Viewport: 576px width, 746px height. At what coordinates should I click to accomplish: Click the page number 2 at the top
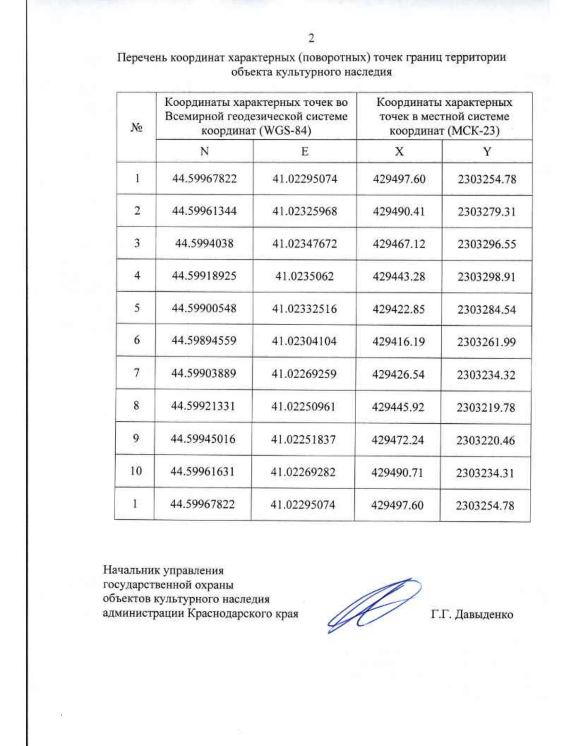(311, 38)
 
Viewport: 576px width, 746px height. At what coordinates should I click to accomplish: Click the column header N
(204, 151)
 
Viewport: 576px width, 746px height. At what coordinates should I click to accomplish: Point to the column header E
(304, 151)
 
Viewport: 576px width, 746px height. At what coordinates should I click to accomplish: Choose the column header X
(399, 151)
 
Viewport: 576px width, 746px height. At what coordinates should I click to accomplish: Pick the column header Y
(487, 152)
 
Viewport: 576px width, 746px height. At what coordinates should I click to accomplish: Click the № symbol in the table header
(136, 127)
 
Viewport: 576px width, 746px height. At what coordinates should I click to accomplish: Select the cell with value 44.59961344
(204, 211)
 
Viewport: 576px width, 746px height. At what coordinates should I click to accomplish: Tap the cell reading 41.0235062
(304, 276)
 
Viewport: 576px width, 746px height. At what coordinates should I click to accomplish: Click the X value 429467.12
(399, 244)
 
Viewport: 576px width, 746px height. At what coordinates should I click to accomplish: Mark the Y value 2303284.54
(486, 309)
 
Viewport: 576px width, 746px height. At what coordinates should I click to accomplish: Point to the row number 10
(135, 471)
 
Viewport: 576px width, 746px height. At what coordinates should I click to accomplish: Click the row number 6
(137, 340)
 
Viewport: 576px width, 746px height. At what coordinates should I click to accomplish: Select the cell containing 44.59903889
(204, 373)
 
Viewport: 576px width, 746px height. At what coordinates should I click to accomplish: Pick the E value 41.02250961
(303, 406)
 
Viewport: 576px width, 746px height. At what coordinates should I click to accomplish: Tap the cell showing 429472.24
(398, 440)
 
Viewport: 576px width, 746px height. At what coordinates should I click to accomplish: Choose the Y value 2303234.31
(485, 473)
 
